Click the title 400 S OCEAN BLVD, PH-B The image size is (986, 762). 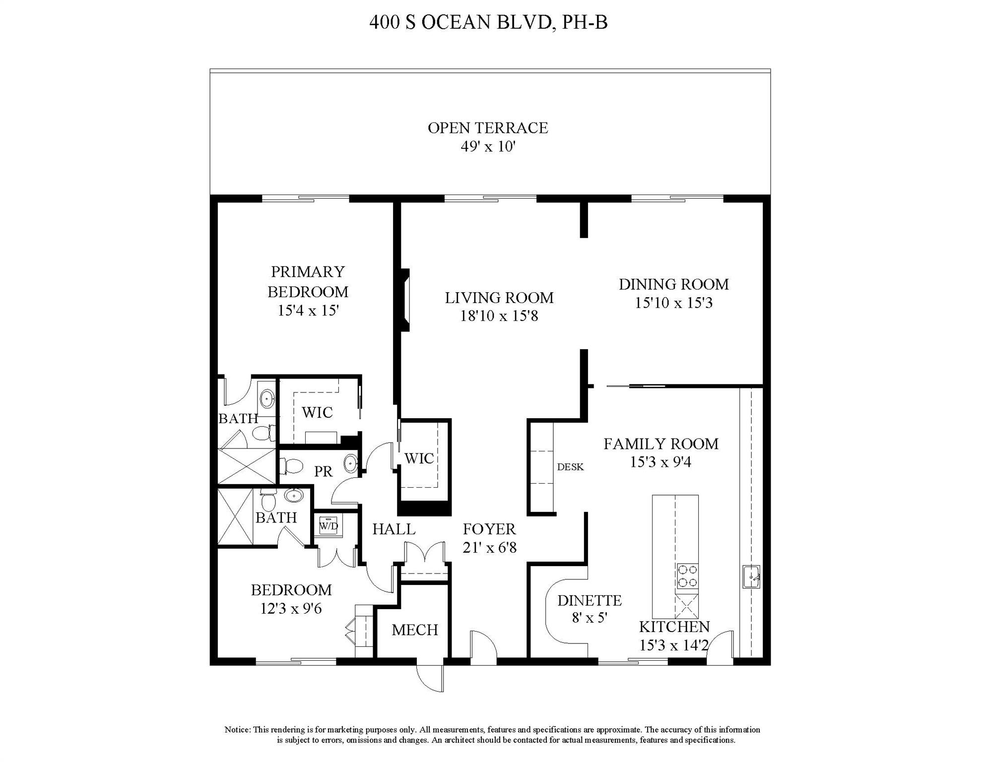[488, 23]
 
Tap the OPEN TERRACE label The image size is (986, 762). [488, 128]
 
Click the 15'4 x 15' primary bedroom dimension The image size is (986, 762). [308, 311]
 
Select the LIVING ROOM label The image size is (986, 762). [499, 298]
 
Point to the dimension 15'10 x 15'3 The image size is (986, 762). [673, 303]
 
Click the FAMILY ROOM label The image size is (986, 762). [660, 444]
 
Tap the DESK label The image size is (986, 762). [570, 467]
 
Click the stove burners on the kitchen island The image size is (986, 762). [687, 576]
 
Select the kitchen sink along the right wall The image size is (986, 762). [751, 576]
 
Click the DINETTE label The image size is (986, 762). [589, 601]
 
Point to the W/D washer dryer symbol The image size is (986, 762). [329, 525]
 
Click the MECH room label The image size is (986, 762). [415, 630]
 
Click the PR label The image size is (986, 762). [323, 472]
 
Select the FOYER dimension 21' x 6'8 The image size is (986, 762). [489, 548]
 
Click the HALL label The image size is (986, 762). [394, 529]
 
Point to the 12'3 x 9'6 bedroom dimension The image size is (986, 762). [291, 609]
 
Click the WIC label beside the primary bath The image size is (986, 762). [317, 412]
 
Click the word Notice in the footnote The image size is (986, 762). [237, 729]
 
